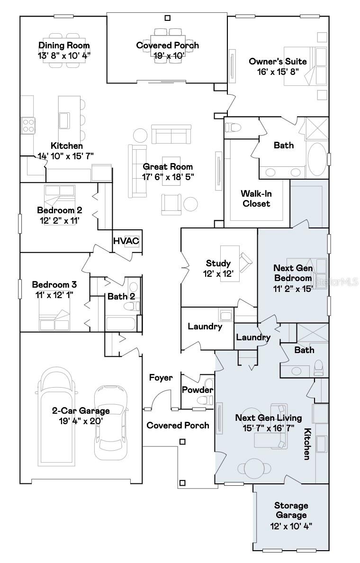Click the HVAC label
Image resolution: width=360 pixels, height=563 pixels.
pyautogui.click(x=126, y=241)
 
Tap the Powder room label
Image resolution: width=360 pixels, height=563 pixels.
pyautogui.click(x=198, y=390)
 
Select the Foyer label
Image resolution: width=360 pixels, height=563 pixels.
pyautogui.click(x=161, y=378)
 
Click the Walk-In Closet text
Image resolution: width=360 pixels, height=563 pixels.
pyautogui.click(x=255, y=199)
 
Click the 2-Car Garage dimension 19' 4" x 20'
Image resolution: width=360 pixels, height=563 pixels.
pyautogui.click(x=81, y=420)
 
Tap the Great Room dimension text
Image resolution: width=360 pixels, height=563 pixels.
pyautogui.click(x=168, y=176)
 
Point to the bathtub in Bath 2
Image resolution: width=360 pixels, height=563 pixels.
pyautogui.click(x=121, y=324)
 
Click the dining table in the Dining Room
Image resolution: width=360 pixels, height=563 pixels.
pyautogui.click(x=63, y=45)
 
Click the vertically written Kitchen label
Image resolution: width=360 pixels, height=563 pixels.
pyautogui.click(x=307, y=444)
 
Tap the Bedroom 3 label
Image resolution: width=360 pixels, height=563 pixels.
pyautogui.click(x=54, y=285)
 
